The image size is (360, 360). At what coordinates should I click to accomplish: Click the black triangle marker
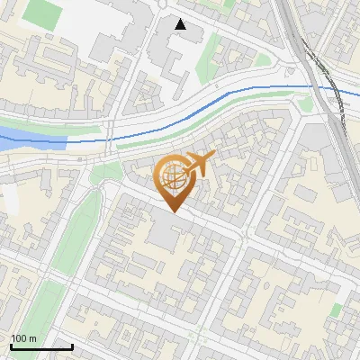tap(181, 24)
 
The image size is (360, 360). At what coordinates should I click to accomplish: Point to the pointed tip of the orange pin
tap(171, 211)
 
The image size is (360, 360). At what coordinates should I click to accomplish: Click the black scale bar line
tap(40, 346)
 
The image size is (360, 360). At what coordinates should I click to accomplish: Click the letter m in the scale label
tap(33, 338)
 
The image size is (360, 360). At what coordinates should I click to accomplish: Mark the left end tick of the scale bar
tap(10, 345)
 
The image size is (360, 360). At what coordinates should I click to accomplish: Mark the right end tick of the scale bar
tap(72, 345)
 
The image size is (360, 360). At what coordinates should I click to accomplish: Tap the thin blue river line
tap(225, 94)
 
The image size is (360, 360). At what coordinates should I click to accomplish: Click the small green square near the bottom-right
tap(336, 310)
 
